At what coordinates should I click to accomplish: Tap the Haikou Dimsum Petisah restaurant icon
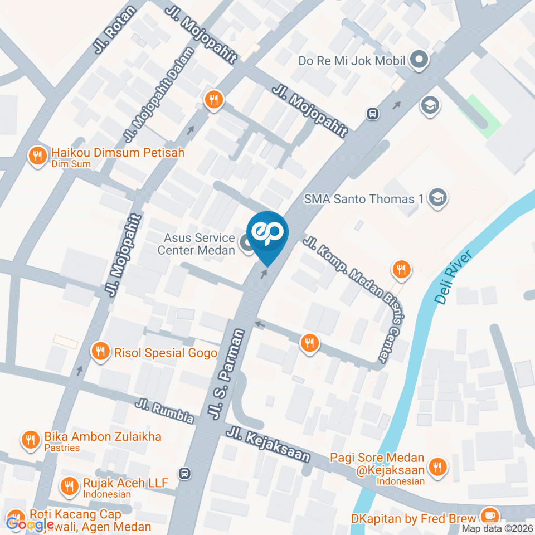point(37,156)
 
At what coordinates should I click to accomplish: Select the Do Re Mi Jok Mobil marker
point(419,60)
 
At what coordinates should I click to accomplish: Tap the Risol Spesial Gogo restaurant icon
point(100,352)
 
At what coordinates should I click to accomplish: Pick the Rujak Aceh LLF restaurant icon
point(70,487)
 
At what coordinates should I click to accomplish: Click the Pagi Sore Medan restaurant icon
point(438,466)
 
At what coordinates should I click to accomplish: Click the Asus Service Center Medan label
point(196,244)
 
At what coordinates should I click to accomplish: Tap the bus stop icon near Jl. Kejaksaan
point(184,474)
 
